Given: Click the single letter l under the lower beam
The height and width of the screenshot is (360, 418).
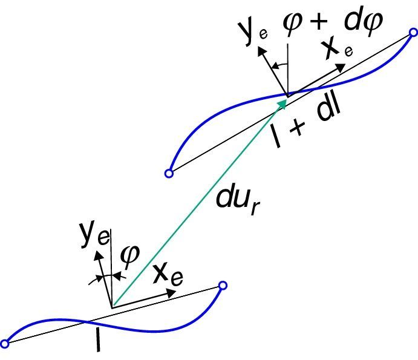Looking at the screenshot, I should click(x=97, y=341).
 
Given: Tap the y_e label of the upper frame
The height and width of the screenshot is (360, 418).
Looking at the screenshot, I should click(x=252, y=34).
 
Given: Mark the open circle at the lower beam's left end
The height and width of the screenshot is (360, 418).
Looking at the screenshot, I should click(x=5, y=344).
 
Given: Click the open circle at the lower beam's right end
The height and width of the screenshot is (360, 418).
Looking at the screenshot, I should click(x=223, y=286).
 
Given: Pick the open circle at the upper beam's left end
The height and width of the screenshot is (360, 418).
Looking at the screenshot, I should click(x=169, y=174).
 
